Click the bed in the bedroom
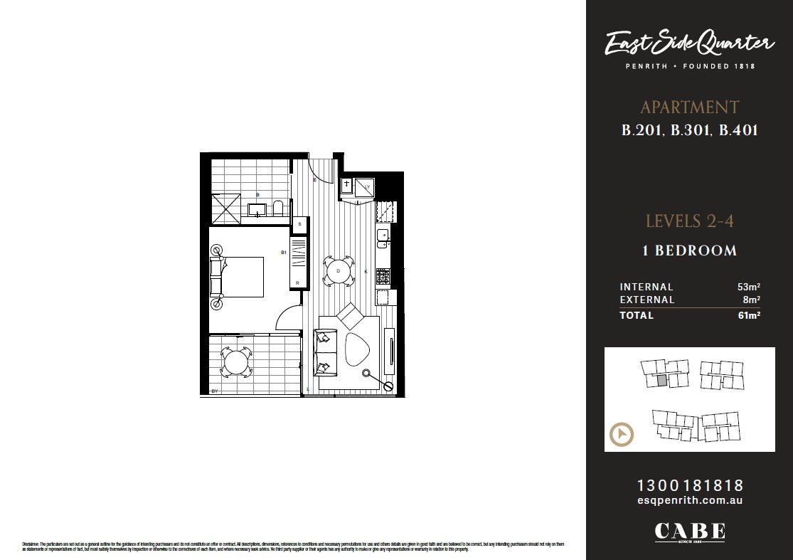(238, 277)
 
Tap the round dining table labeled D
(339, 271)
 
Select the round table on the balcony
(235, 363)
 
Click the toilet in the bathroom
(278, 208)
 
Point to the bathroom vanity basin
(257, 209)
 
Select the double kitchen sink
(383, 238)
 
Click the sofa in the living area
(325, 352)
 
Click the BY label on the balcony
(215, 391)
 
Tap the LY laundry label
(367, 186)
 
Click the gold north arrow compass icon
(622, 434)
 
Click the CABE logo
(689, 532)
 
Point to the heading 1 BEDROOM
(689, 250)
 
